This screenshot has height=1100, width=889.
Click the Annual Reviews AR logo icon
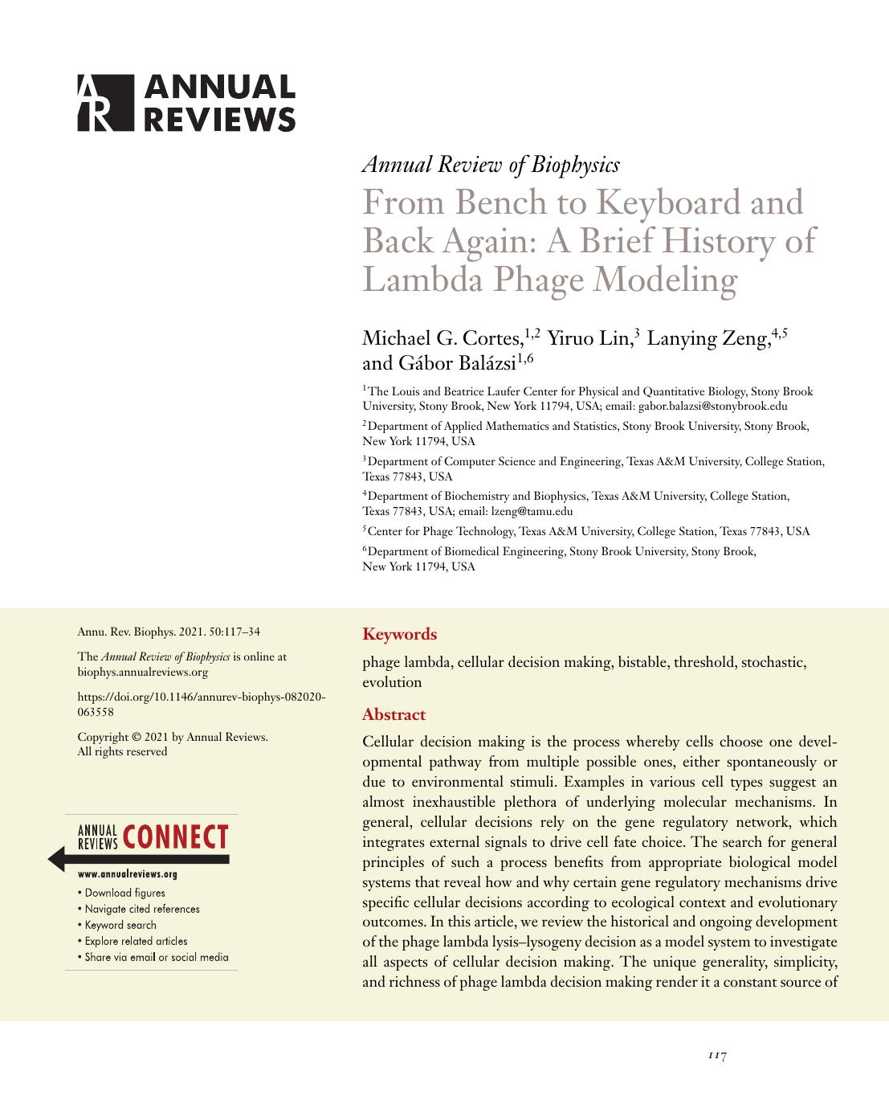click(104, 103)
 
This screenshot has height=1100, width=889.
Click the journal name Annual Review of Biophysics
click(491, 165)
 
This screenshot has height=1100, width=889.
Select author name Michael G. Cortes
click(442, 338)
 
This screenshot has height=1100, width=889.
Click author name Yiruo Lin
click(589, 338)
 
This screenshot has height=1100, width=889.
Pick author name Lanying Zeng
click(708, 338)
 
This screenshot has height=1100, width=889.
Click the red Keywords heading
click(400, 634)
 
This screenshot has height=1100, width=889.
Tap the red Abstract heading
click(394, 714)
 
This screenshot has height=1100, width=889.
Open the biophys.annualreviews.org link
click(142, 672)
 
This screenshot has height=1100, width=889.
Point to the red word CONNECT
click(177, 837)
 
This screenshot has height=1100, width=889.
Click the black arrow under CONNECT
click(137, 859)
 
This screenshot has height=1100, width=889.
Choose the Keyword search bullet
click(120, 925)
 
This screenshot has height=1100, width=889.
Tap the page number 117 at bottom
click(717, 1055)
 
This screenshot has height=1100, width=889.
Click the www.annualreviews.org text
click(128, 874)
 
